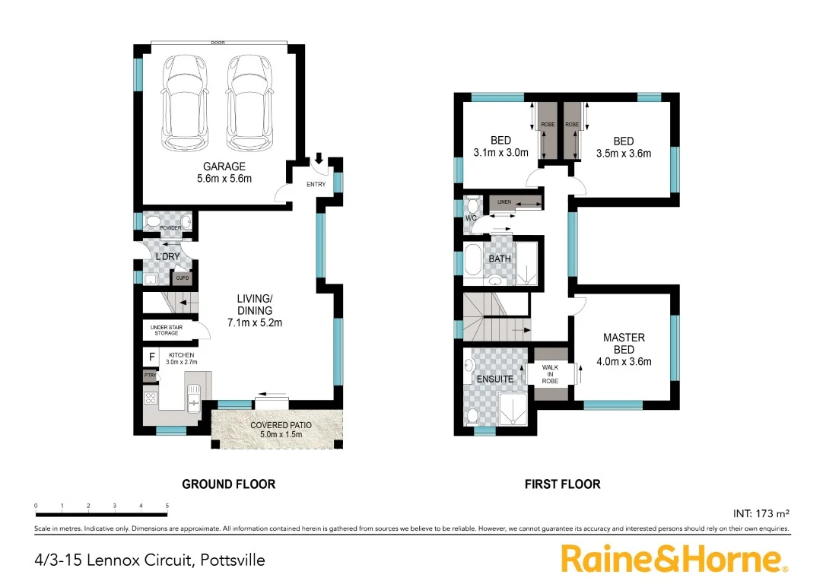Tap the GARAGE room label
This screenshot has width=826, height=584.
tap(224, 167)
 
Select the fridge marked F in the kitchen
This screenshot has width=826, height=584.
tap(151, 356)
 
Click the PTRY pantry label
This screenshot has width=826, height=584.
tap(150, 375)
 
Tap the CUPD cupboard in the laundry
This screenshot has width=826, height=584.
tap(183, 278)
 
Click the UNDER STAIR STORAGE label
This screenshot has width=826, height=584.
tap(165, 330)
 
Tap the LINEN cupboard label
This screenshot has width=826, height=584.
tap(503, 202)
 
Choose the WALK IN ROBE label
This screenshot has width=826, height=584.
tap(550, 374)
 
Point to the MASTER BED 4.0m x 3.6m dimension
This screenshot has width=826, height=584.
tap(624, 362)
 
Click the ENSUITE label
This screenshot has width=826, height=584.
tap(495, 379)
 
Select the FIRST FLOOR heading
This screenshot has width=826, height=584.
tap(562, 484)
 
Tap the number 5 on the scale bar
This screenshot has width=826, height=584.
tap(167, 506)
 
